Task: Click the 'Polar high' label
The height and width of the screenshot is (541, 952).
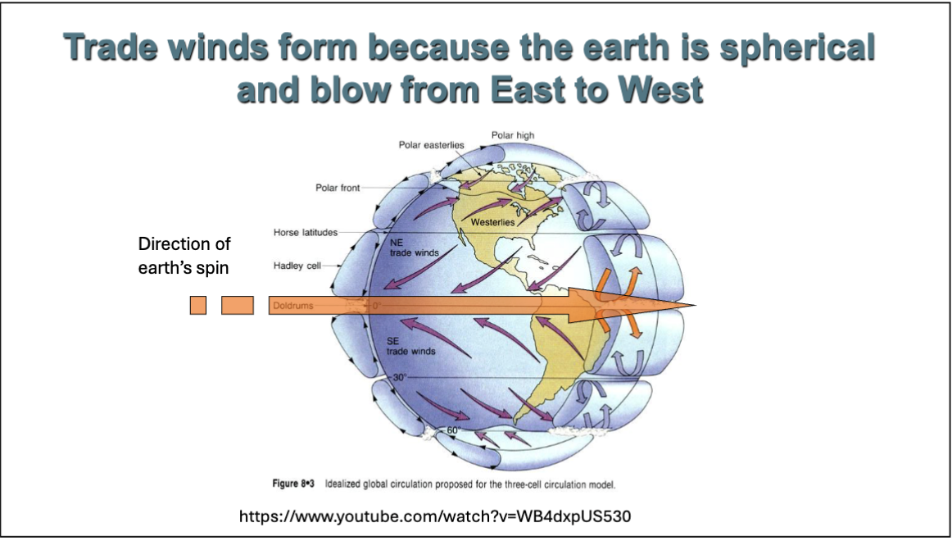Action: (512, 134)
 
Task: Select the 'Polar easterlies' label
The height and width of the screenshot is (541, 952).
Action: (431, 145)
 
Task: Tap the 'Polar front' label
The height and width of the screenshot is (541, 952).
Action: (338, 188)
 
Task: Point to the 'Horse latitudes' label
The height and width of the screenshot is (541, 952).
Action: (305, 233)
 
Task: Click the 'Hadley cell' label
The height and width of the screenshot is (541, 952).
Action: (297, 266)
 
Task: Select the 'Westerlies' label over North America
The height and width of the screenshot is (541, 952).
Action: (492, 222)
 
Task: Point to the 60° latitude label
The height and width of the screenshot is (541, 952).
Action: (453, 430)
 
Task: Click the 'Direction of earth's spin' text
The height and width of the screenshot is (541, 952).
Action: (184, 256)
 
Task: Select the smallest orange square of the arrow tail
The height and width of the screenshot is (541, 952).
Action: (197, 306)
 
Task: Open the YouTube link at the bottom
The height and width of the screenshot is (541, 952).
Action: (435, 516)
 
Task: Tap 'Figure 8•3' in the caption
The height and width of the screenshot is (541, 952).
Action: (296, 484)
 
